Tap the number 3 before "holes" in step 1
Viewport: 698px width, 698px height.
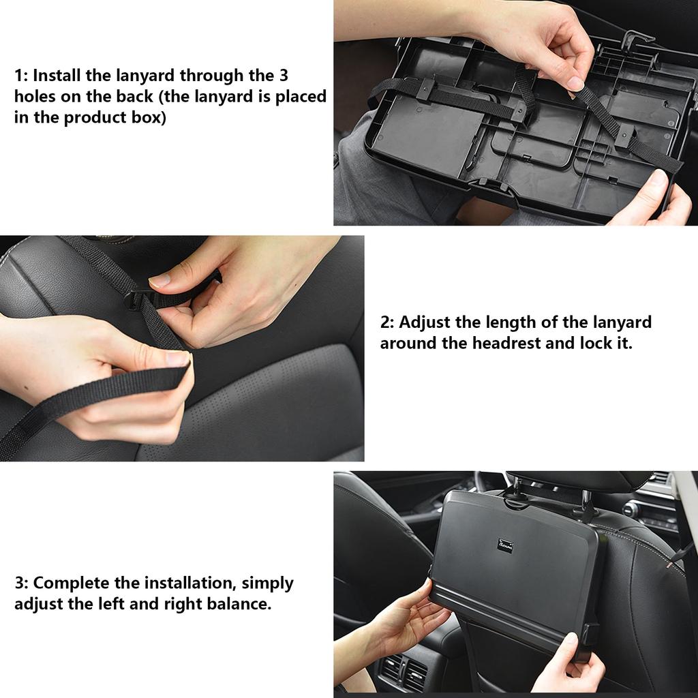tap(284, 75)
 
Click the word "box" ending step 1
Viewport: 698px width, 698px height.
tap(149, 118)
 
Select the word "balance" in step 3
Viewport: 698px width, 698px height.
tap(237, 604)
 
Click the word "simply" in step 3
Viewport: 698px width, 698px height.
tap(268, 583)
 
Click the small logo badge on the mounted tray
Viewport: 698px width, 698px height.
tap(504, 546)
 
